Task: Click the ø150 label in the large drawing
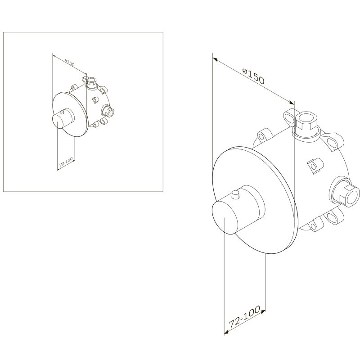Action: [x=253, y=76]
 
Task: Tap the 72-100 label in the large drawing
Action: [x=245, y=317]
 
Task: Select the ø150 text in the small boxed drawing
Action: [x=70, y=63]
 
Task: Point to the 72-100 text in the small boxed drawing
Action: [x=66, y=162]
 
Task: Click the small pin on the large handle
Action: [x=235, y=195]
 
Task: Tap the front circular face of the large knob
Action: [x=224, y=217]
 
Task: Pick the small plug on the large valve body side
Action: [x=315, y=165]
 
